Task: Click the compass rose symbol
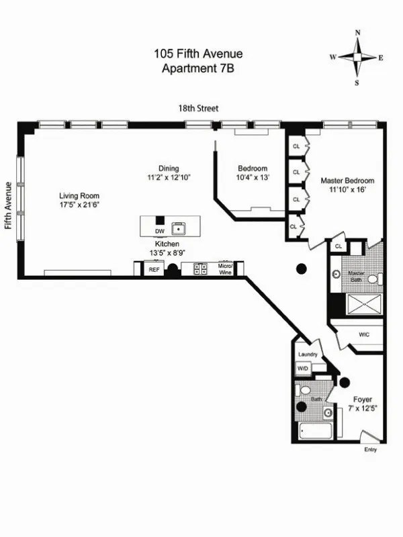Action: (x=357, y=58)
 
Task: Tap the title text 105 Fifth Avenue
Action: (x=198, y=54)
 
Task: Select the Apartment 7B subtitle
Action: (x=198, y=68)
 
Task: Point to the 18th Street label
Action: (x=198, y=108)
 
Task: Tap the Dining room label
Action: (x=169, y=168)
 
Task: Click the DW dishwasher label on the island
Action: (x=159, y=231)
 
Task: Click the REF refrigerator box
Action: (x=154, y=269)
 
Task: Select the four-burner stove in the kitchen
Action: (x=201, y=269)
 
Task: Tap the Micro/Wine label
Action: (x=224, y=269)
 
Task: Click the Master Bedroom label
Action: (x=347, y=181)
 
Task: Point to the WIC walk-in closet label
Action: (x=364, y=334)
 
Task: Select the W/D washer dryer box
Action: (x=303, y=369)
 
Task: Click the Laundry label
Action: (x=306, y=354)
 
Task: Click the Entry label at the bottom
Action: (x=370, y=450)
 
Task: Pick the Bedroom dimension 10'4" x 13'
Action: (x=253, y=178)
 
